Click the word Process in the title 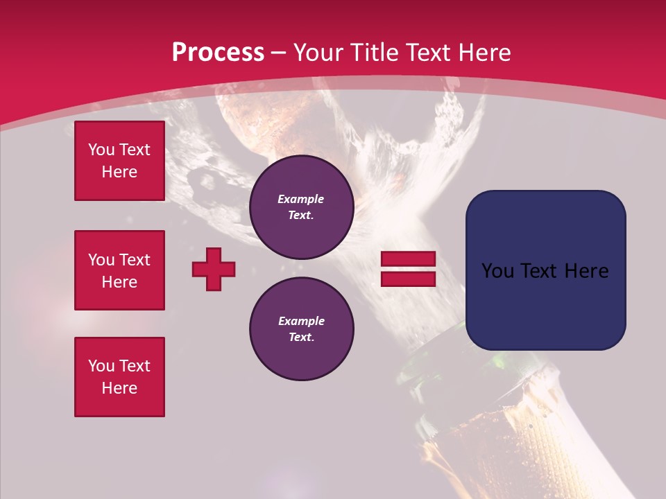coord(218,53)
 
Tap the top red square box coord(119,161)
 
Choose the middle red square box coord(119,270)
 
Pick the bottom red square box coord(119,377)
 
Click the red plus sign coord(214,269)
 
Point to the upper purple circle coord(301,207)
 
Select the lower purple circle coord(301,329)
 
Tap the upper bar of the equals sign coord(408,259)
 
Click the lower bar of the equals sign coord(408,279)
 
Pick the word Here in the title coord(483,53)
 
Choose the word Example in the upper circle coord(301,199)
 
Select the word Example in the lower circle coord(301,321)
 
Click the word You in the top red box coord(101,150)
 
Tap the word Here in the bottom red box coord(119,388)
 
